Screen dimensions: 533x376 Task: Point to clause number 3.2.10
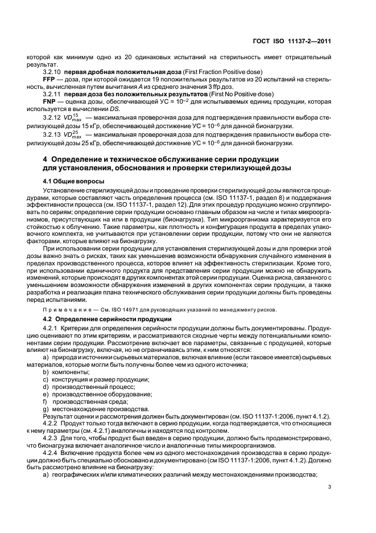[x=52, y=72]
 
